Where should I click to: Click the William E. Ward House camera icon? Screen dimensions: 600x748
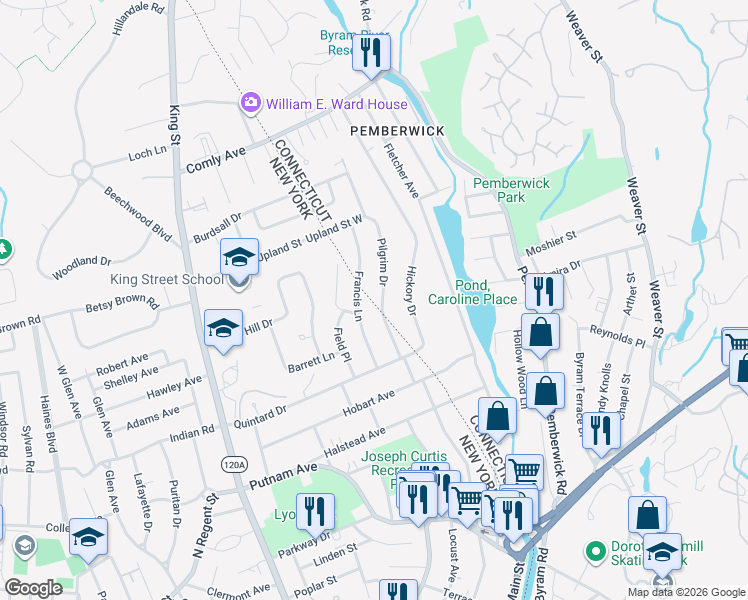(250, 103)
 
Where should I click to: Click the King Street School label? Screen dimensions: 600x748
(175, 279)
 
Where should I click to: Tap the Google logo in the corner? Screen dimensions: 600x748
(34, 587)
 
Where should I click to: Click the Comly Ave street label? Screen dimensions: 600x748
(215, 159)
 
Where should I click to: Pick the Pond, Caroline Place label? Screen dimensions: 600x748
(473, 292)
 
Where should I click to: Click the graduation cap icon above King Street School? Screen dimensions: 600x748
(240, 257)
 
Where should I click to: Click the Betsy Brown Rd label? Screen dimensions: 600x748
(122, 304)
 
